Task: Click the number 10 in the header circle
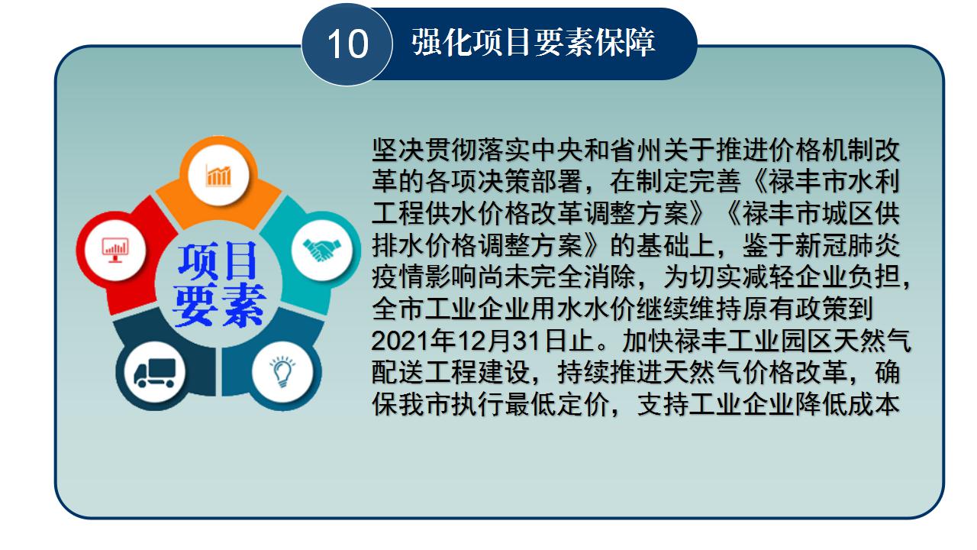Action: pos(347,44)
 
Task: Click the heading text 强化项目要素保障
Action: pos(533,42)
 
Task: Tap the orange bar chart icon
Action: pos(218,176)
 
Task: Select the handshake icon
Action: pos(321,250)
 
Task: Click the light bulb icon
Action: pos(282,372)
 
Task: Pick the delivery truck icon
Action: pos(155,373)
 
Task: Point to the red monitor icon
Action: pos(115,250)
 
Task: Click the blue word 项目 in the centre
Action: pos(217,261)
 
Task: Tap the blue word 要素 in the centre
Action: pos(218,305)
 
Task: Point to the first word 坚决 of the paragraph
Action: pos(398,150)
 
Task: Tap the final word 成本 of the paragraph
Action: pos(874,405)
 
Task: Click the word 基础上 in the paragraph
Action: pos(676,245)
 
